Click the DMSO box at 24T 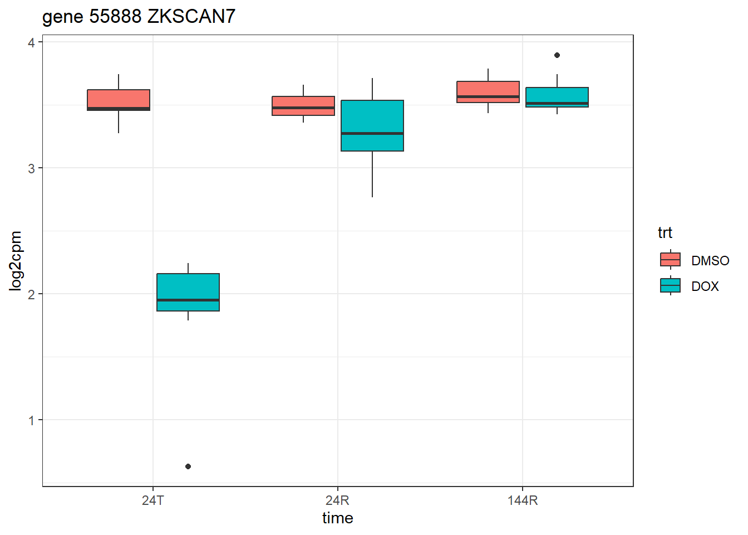[x=119, y=100]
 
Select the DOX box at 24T [x=188, y=292]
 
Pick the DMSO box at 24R [x=303, y=106]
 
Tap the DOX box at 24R [x=372, y=125]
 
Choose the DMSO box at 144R [x=488, y=92]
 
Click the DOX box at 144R [x=557, y=97]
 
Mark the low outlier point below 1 [x=188, y=466]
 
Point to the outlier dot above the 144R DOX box [x=557, y=55]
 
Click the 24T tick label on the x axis [x=153, y=500]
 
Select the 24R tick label [x=338, y=500]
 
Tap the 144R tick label [x=523, y=500]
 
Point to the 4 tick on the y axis [x=32, y=42]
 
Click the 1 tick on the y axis [x=32, y=420]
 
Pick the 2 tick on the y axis [x=32, y=294]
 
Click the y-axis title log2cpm [x=16, y=261]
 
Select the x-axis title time [x=338, y=518]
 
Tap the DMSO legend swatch [x=670, y=260]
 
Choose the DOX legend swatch [x=670, y=285]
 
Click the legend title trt [x=665, y=232]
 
